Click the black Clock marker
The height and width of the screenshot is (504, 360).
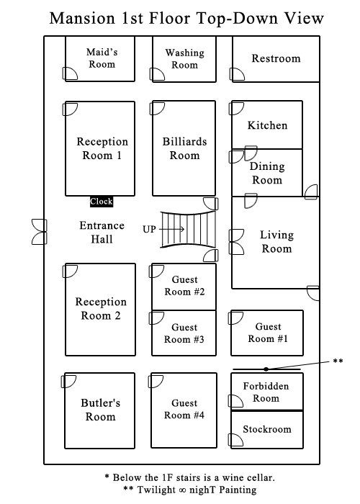101,202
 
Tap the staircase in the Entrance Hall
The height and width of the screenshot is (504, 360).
188,229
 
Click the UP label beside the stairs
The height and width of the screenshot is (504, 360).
150,229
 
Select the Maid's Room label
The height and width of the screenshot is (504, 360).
101,58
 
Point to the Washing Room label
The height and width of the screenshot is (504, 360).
184,58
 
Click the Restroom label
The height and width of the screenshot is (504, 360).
276,58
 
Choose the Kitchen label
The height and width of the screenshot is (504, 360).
267,125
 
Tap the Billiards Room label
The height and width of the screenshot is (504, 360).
184,148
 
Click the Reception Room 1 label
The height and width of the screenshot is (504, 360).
101,148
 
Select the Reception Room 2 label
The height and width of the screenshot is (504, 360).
101,309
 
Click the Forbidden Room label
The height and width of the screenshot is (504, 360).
266,392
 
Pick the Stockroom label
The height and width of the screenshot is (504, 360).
266,429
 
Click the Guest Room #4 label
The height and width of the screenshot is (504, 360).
184,409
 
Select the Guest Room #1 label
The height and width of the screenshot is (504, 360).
268,333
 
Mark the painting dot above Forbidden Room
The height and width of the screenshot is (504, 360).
266,369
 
